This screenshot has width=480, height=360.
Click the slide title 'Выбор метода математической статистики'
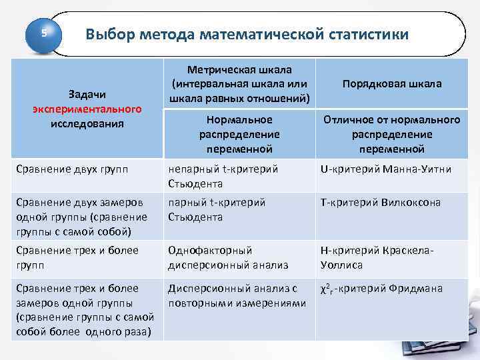(247, 34)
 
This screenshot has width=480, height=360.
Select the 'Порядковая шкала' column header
(391, 84)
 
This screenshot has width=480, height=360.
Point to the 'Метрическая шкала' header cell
(239, 84)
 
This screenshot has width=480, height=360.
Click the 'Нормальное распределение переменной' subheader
(239, 134)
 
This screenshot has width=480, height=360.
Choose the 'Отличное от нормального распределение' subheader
(391, 134)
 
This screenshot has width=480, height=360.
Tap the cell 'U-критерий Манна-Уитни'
(386, 169)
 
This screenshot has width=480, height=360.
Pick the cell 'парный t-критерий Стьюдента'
(217, 209)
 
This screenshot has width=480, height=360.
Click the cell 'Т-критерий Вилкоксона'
(381, 203)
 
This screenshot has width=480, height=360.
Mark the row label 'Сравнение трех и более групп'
(77, 257)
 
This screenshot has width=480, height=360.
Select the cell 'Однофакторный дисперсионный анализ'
(228, 257)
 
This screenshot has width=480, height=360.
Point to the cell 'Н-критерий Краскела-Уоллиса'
(377, 257)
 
